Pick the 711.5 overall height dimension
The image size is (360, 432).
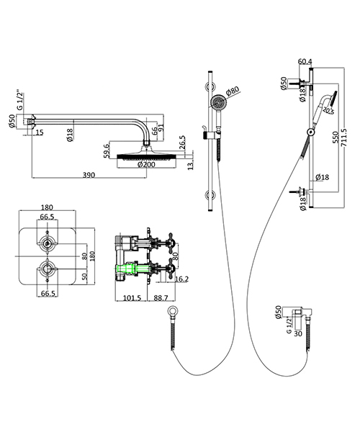[x=344, y=135]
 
